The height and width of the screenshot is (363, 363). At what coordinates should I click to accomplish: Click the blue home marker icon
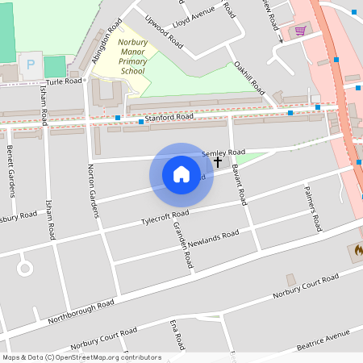click(x=181, y=174)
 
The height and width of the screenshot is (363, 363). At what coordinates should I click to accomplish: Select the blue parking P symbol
click(x=31, y=64)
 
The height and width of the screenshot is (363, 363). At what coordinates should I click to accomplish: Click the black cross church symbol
click(x=217, y=162)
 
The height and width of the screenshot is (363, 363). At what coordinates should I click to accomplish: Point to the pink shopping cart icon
click(x=300, y=31)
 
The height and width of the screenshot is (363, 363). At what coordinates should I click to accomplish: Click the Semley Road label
click(x=223, y=152)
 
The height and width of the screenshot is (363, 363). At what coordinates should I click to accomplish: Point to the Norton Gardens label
click(x=92, y=190)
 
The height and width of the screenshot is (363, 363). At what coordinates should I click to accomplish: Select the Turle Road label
click(x=65, y=81)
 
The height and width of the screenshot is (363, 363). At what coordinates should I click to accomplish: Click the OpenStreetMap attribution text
click(x=81, y=357)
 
